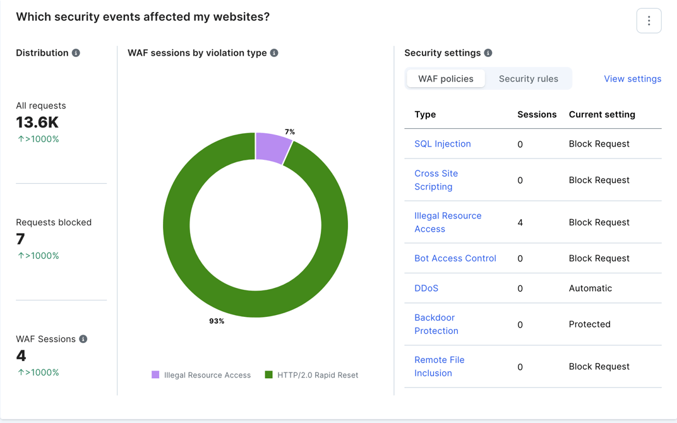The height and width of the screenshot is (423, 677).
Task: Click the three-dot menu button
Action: pos(649,21)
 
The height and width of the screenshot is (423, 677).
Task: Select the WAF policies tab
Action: pos(446,79)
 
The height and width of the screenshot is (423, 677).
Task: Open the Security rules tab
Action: pos(529,79)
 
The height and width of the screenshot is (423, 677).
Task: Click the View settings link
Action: pos(632,79)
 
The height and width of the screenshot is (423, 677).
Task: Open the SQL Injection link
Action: pos(443,144)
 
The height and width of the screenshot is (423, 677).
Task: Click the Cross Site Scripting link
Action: pos(436,180)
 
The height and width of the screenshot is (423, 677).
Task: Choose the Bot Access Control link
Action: pos(455,258)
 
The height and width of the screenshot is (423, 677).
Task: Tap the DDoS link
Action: pos(426,289)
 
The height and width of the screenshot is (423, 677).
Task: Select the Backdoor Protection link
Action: pos(436,324)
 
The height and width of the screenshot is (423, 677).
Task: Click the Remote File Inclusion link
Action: pos(439,366)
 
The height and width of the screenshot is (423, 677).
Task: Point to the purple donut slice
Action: pos(273,147)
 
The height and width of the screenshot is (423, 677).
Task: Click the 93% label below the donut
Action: pos(217,321)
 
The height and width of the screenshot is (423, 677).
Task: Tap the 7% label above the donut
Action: pos(290,132)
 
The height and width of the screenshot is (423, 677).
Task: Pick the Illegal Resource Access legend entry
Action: pos(201,375)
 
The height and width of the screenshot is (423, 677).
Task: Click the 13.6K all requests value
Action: pos(37,122)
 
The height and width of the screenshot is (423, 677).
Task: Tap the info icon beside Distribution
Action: pos(76,53)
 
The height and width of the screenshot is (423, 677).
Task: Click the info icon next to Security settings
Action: pos(488,53)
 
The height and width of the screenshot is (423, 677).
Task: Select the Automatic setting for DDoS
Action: pos(590,289)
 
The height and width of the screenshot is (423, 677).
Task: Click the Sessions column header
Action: pos(537,114)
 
